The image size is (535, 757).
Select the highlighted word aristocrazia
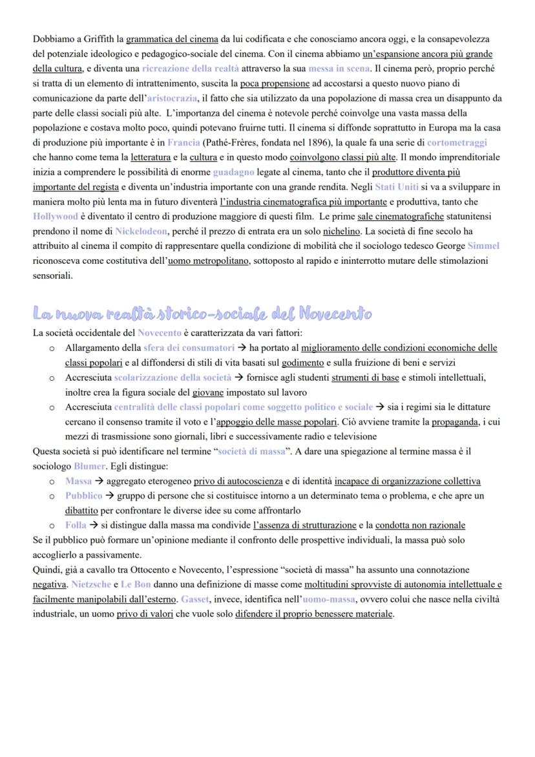click(171, 99)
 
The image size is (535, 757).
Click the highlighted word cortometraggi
click(457, 142)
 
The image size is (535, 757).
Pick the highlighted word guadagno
click(234, 173)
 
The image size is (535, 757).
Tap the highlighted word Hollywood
click(55, 217)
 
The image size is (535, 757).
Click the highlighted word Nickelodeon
click(141, 231)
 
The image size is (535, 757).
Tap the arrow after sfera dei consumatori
click(242, 348)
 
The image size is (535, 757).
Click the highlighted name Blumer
click(89, 466)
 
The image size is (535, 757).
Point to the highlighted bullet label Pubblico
click(83, 496)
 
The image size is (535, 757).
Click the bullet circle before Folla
click(52, 526)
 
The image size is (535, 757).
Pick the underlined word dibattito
click(81, 511)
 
